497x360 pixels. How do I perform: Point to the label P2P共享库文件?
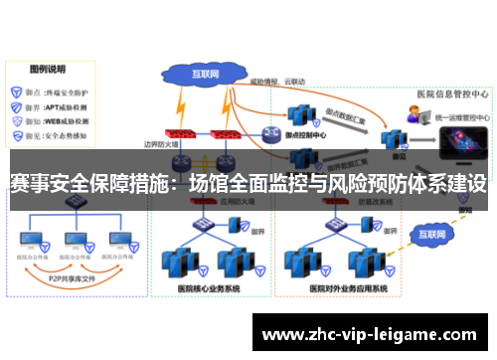pos(69,280)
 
